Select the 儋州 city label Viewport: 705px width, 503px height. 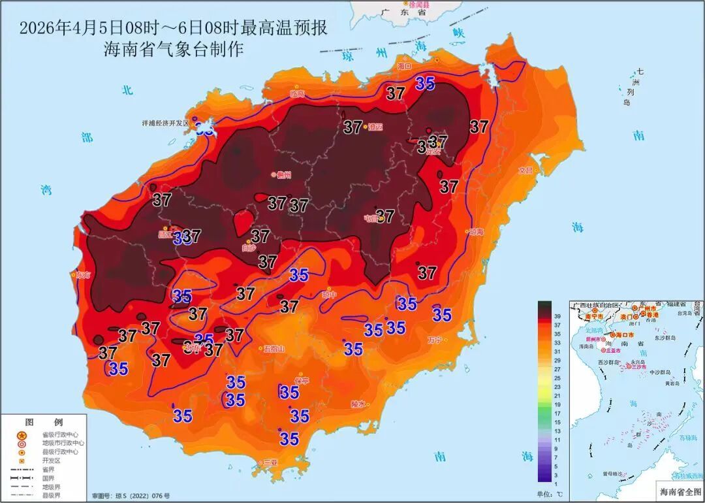(x=283, y=174)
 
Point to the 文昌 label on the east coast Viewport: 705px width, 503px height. (x=525, y=170)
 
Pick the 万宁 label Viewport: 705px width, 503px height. (x=434, y=340)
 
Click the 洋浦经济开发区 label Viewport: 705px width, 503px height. (x=165, y=123)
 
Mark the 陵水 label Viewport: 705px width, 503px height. (x=358, y=404)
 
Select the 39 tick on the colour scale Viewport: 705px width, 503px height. (x=557, y=316)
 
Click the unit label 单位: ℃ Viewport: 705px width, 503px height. (x=549, y=493)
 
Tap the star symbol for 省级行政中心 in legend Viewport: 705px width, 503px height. (x=22, y=435)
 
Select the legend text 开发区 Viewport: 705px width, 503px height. (x=51, y=460)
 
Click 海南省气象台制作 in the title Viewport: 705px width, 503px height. (x=174, y=49)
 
